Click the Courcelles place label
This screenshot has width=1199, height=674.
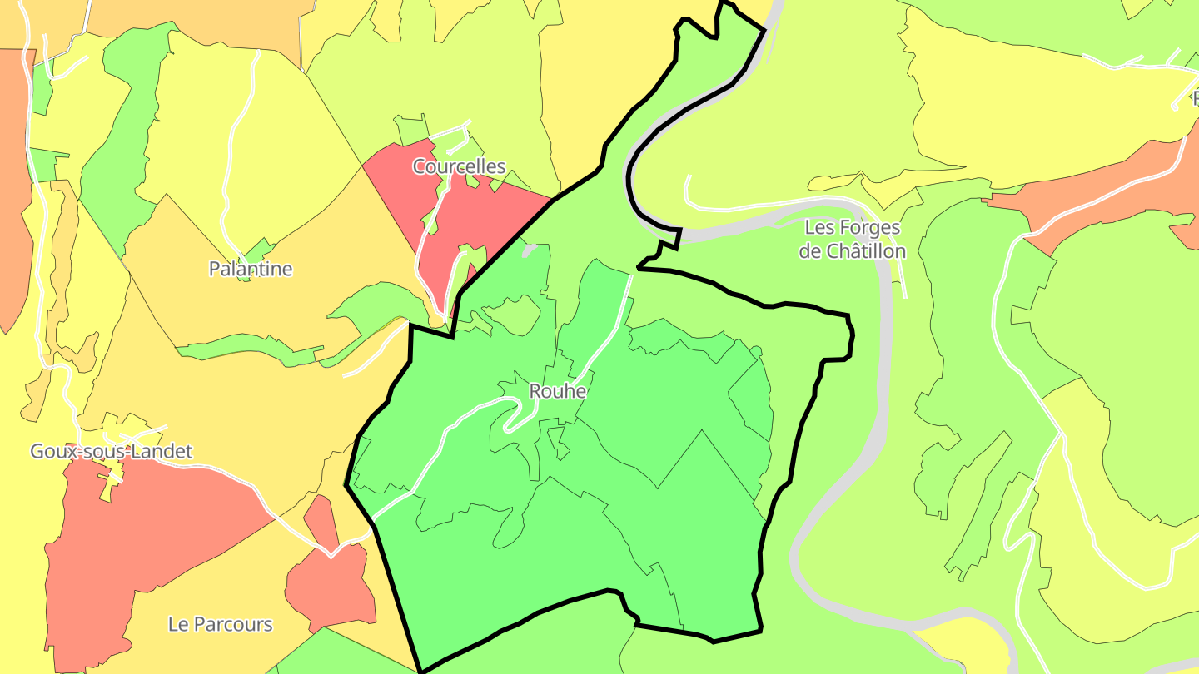(x=459, y=166)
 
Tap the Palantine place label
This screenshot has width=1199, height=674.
(x=251, y=269)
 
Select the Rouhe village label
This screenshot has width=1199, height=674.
(x=558, y=391)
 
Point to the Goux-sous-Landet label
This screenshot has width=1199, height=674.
(x=111, y=451)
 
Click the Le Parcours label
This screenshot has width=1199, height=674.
(x=220, y=624)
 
